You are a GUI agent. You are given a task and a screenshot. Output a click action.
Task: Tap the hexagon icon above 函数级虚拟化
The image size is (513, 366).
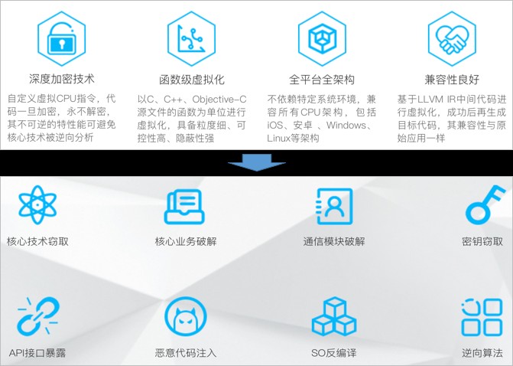[x=190, y=35]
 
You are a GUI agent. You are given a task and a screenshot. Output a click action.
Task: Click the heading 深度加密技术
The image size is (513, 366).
[x=62, y=79]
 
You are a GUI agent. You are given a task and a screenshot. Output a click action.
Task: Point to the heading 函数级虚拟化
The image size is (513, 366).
[x=191, y=79]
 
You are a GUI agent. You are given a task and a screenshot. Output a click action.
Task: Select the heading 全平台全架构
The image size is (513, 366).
[x=322, y=79]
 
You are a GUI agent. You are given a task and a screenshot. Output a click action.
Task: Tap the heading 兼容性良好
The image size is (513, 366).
[x=452, y=79]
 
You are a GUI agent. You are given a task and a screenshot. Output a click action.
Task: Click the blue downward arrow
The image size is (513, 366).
[x=257, y=163]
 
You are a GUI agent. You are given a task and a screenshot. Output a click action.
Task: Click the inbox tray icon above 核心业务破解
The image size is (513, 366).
[x=186, y=206]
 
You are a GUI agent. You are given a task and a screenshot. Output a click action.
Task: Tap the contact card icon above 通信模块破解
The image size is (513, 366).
[x=334, y=206]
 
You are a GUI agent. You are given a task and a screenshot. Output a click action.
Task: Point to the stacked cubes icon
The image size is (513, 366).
[x=334, y=317]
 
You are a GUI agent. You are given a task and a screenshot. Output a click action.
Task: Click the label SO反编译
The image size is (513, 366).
[x=334, y=353]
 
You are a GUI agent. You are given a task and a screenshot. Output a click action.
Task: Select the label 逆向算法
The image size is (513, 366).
[x=482, y=353]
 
